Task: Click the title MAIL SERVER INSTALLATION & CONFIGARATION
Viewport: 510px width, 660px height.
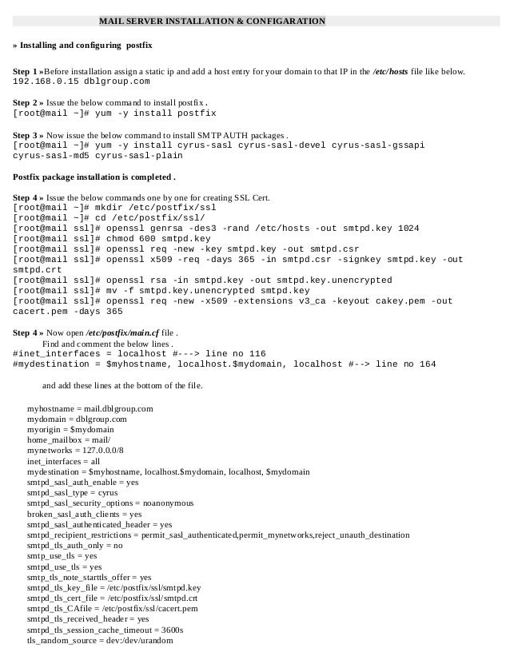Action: [212, 21]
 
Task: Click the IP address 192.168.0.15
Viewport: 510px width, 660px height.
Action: [45, 82]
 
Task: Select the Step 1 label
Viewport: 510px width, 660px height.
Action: [28, 72]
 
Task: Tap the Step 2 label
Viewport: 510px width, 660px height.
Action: [28, 103]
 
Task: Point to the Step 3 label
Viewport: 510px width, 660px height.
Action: [28, 135]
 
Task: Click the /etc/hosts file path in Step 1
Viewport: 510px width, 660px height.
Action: [389, 72]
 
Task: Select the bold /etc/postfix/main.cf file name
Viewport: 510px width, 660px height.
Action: [116, 332]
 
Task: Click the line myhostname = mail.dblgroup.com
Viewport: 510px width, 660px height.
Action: [90, 408]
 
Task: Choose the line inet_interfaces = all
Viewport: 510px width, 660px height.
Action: [63, 461]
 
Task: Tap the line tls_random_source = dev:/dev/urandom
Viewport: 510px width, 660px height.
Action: [99, 639]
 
